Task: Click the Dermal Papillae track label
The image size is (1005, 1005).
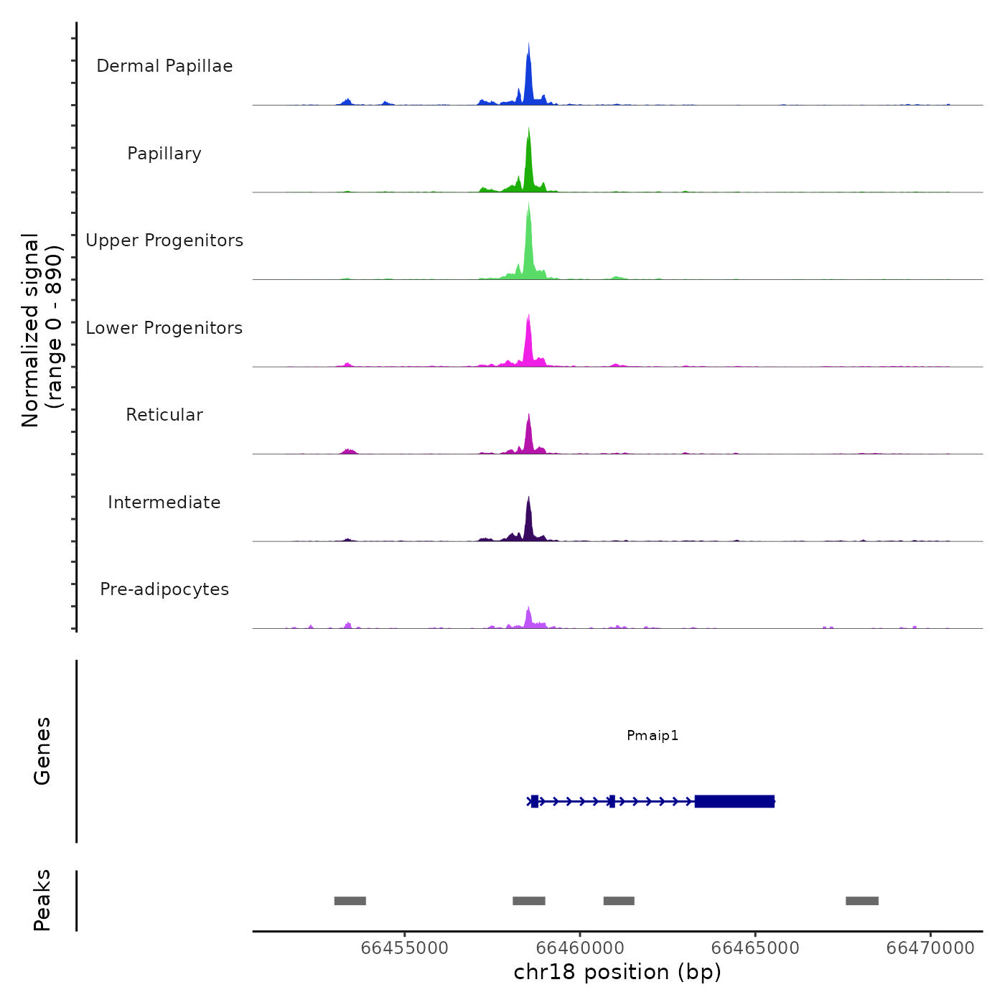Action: click(164, 66)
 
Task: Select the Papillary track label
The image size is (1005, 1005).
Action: click(164, 154)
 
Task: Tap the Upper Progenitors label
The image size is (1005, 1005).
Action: click(164, 240)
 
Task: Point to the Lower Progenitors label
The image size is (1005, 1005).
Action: click(164, 328)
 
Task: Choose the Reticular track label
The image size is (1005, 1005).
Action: click(164, 415)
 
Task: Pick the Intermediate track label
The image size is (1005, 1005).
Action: click(164, 502)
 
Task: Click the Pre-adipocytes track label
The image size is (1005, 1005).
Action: click(164, 589)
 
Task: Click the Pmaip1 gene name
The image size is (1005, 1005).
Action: click(653, 735)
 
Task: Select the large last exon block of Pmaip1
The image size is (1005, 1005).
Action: click(734, 801)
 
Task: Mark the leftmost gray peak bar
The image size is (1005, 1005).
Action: click(350, 901)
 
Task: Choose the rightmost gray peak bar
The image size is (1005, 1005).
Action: click(861, 901)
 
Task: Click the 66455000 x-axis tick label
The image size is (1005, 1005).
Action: click(404, 948)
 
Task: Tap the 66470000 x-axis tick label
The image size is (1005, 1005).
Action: click(930, 948)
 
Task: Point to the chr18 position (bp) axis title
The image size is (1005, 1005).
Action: click(617, 972)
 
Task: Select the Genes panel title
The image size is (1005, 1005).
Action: click(42, 751)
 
